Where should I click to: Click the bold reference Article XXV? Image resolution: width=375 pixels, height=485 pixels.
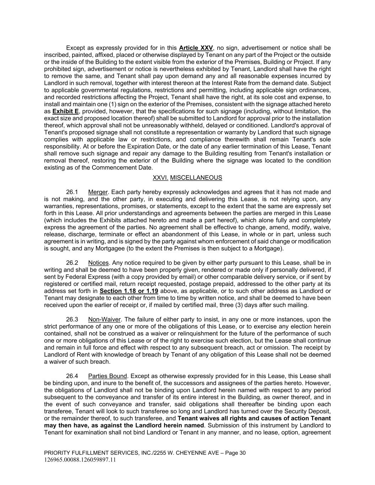point(196,48)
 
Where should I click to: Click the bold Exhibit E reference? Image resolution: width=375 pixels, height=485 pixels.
point(65,111)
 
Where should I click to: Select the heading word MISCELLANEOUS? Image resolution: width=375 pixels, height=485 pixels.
point(196,178)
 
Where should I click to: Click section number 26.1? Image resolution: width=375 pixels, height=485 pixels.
point(72,192)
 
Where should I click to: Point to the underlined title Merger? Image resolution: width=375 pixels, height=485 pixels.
point(98,192)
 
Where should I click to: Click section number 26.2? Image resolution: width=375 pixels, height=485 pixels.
point(72,263)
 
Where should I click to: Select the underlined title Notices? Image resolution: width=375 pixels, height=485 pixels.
point(98,263)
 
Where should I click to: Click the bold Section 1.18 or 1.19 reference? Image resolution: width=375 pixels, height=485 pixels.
point(129,291)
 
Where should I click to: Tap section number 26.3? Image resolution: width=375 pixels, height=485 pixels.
point(72,319)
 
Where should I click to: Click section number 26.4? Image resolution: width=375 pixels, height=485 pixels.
point(72,376)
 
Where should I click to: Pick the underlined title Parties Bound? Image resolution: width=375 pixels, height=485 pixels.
point(107,376)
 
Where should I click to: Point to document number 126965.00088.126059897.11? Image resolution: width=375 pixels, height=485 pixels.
point(80,460)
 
